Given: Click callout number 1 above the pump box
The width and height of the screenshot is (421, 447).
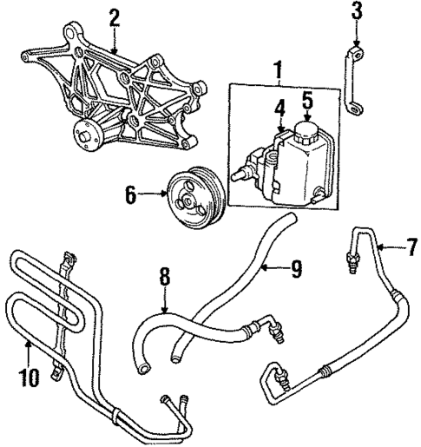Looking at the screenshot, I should (x=277, y=67).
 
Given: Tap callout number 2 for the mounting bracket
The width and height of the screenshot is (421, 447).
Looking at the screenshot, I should (x=113, y=17).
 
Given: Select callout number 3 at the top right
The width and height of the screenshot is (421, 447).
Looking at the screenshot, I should (x=356, y=12).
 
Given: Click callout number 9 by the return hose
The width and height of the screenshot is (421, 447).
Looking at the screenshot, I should (x=296, y=271).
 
